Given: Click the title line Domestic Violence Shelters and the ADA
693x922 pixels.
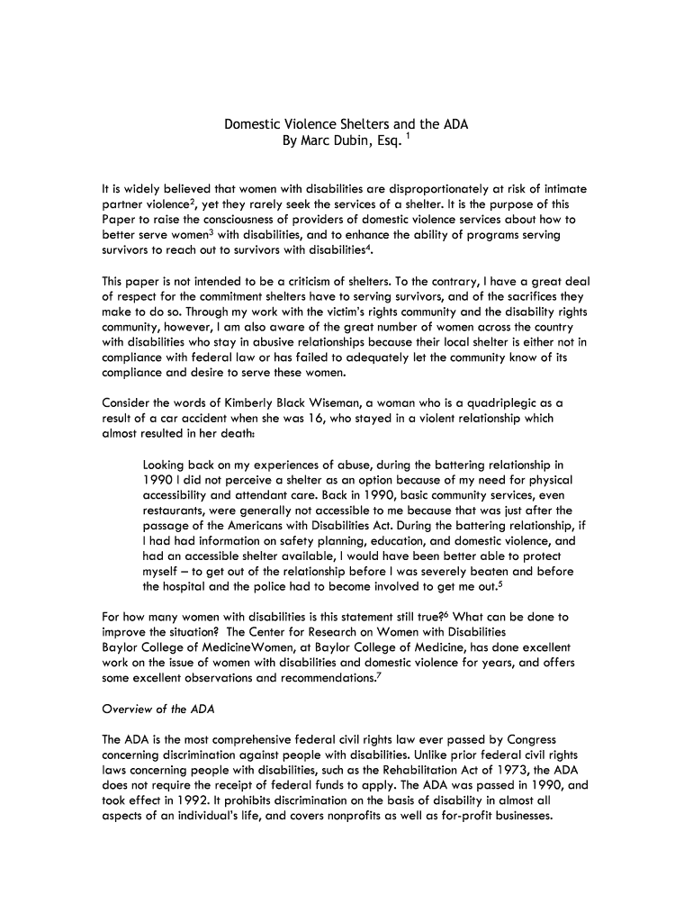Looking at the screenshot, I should pos(346,124).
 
